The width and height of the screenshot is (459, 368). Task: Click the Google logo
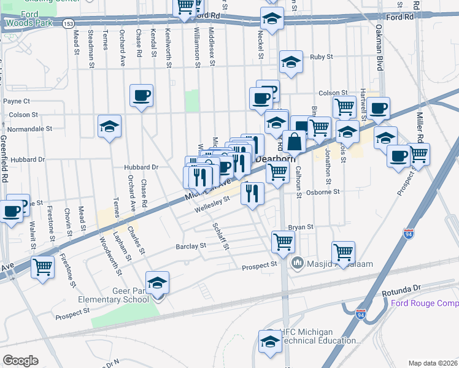pyautogui.click(x=20, y=361)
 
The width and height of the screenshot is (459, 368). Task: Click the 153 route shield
pyautogui.click(x=69, y=23)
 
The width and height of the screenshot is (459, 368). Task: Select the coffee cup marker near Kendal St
pyautogui.click(x=141, y=95)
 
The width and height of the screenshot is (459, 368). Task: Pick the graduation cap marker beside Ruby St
pyautogui.click(x=291, y=61)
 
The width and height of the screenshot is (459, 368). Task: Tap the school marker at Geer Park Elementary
pyautogui.click(x=158, y=283)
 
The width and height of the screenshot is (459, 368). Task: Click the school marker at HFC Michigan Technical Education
pyautogui.click(x=270, y=342)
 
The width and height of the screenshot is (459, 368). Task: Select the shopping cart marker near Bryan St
pyautogui.click(x=283, y=241)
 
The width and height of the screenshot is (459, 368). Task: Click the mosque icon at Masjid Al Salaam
pyautogui.click(x=298, y=263)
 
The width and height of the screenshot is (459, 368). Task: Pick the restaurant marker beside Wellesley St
pyautogui.click(x=252, y=194)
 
